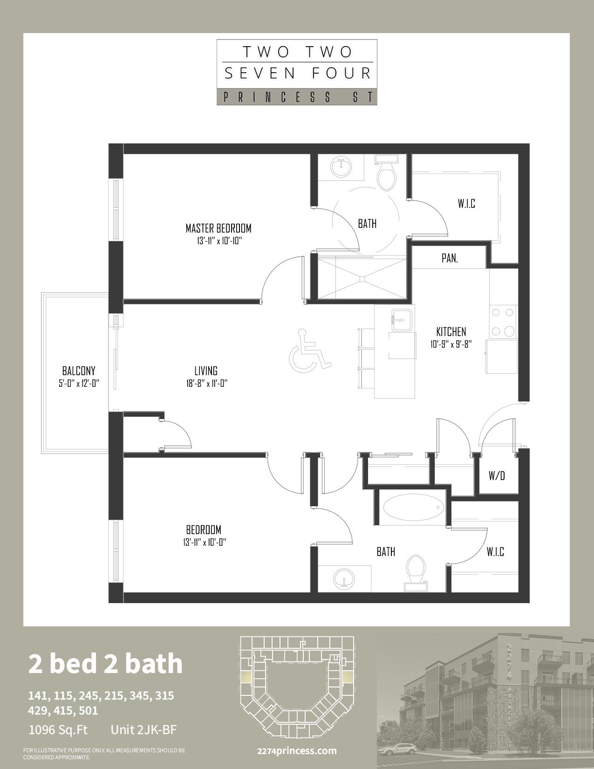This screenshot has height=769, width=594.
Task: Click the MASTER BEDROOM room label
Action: click(218, 229)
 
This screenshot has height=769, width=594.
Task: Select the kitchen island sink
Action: click(402, 320)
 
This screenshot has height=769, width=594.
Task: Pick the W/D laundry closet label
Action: click(497, 476)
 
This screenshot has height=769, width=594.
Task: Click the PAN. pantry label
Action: click(450, 258)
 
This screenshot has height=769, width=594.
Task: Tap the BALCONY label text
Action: click(79, 371)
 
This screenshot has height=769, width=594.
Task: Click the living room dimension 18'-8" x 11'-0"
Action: click(206, 383)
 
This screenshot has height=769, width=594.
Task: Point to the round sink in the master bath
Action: click(341, 166)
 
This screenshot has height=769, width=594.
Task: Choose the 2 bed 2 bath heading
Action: click(105, 664)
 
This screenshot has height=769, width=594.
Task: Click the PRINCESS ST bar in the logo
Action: click(297, 97)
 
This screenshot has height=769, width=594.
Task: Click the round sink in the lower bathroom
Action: click(343, 578)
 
